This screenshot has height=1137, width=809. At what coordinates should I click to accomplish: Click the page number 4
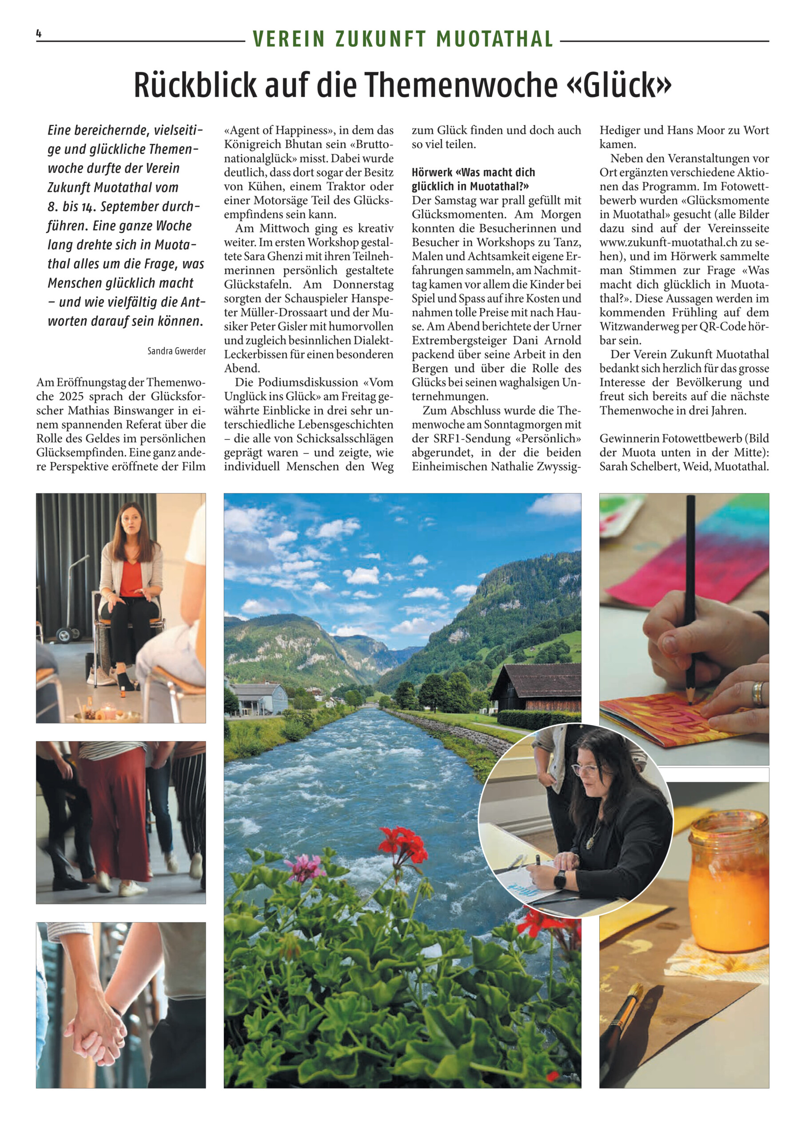click(x=38, y=34)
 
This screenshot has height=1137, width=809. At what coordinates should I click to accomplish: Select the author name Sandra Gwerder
click(x=176, y=351)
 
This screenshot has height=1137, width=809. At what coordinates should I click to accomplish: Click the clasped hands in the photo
click(x=96, y=1030)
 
